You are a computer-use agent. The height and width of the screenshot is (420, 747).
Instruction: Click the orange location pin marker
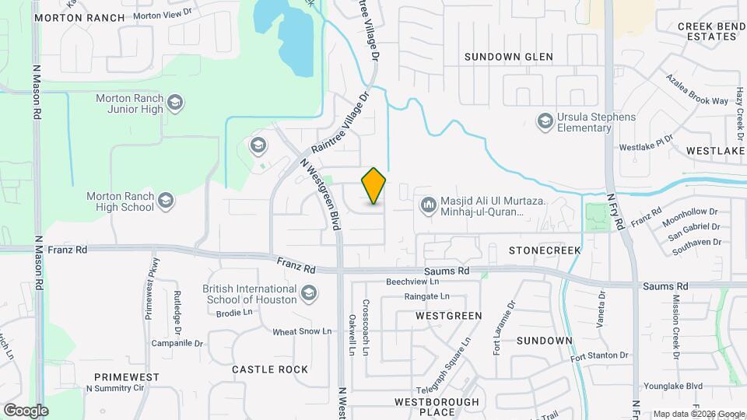point(373,186)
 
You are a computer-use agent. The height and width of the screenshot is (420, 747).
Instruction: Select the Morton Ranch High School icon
point(165,201)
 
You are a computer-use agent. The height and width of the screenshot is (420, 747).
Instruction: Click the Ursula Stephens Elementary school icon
point(545,121)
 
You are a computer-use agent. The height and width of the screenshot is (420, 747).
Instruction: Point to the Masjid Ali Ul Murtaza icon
point(427,205)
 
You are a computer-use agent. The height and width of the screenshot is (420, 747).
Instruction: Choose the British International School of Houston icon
point(309,293)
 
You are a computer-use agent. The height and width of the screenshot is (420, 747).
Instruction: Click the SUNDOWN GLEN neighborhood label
point(508,57)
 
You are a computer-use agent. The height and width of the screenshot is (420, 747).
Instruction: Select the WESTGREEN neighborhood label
point(448,316)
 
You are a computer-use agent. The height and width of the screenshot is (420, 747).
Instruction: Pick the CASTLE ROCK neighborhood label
point(270,369)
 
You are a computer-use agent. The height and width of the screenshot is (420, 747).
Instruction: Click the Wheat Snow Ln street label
point(302,332)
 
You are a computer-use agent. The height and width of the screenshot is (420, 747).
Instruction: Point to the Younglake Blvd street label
point(673,386)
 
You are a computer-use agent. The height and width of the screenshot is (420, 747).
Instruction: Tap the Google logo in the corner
point(26,410)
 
